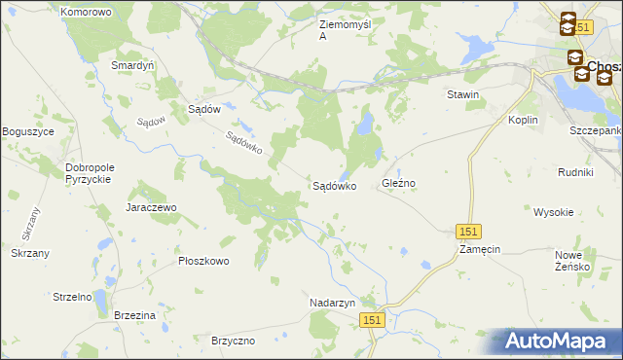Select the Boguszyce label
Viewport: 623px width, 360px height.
point(27,131)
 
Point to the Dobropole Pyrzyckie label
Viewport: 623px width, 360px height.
point(90,173)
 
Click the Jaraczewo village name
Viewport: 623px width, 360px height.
point(150,207)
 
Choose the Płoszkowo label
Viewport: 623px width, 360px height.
point(203,261)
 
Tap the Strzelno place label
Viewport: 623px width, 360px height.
point(72,296)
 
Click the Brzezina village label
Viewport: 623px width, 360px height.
point(134,316)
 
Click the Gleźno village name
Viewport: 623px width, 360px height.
point(399,183)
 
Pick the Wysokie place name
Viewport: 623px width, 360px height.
point(553,211)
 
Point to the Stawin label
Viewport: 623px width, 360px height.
point(462,94)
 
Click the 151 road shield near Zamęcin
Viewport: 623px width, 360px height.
point(468,231)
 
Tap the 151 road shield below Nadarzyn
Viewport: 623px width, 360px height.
point(371,320)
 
